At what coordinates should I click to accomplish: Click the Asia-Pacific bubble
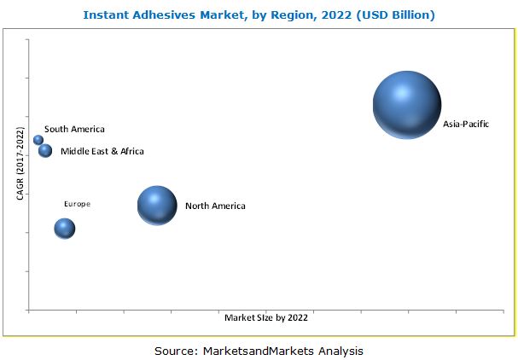tap(407, 104)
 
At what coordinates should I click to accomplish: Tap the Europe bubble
tap(65, 228)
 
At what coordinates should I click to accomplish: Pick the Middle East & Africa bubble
tap(45, 151)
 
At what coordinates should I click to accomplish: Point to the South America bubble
tap(38, 140)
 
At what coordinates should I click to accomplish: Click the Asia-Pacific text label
tap(466, 125)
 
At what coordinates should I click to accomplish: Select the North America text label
tap(215, 206)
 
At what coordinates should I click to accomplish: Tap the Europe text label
tap(77, 204)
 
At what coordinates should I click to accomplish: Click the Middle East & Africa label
tap(102, 151)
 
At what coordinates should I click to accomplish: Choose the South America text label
tap(74, 130)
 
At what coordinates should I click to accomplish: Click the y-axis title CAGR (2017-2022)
tap(20, 164)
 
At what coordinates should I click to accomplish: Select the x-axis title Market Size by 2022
tap(265, 318)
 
